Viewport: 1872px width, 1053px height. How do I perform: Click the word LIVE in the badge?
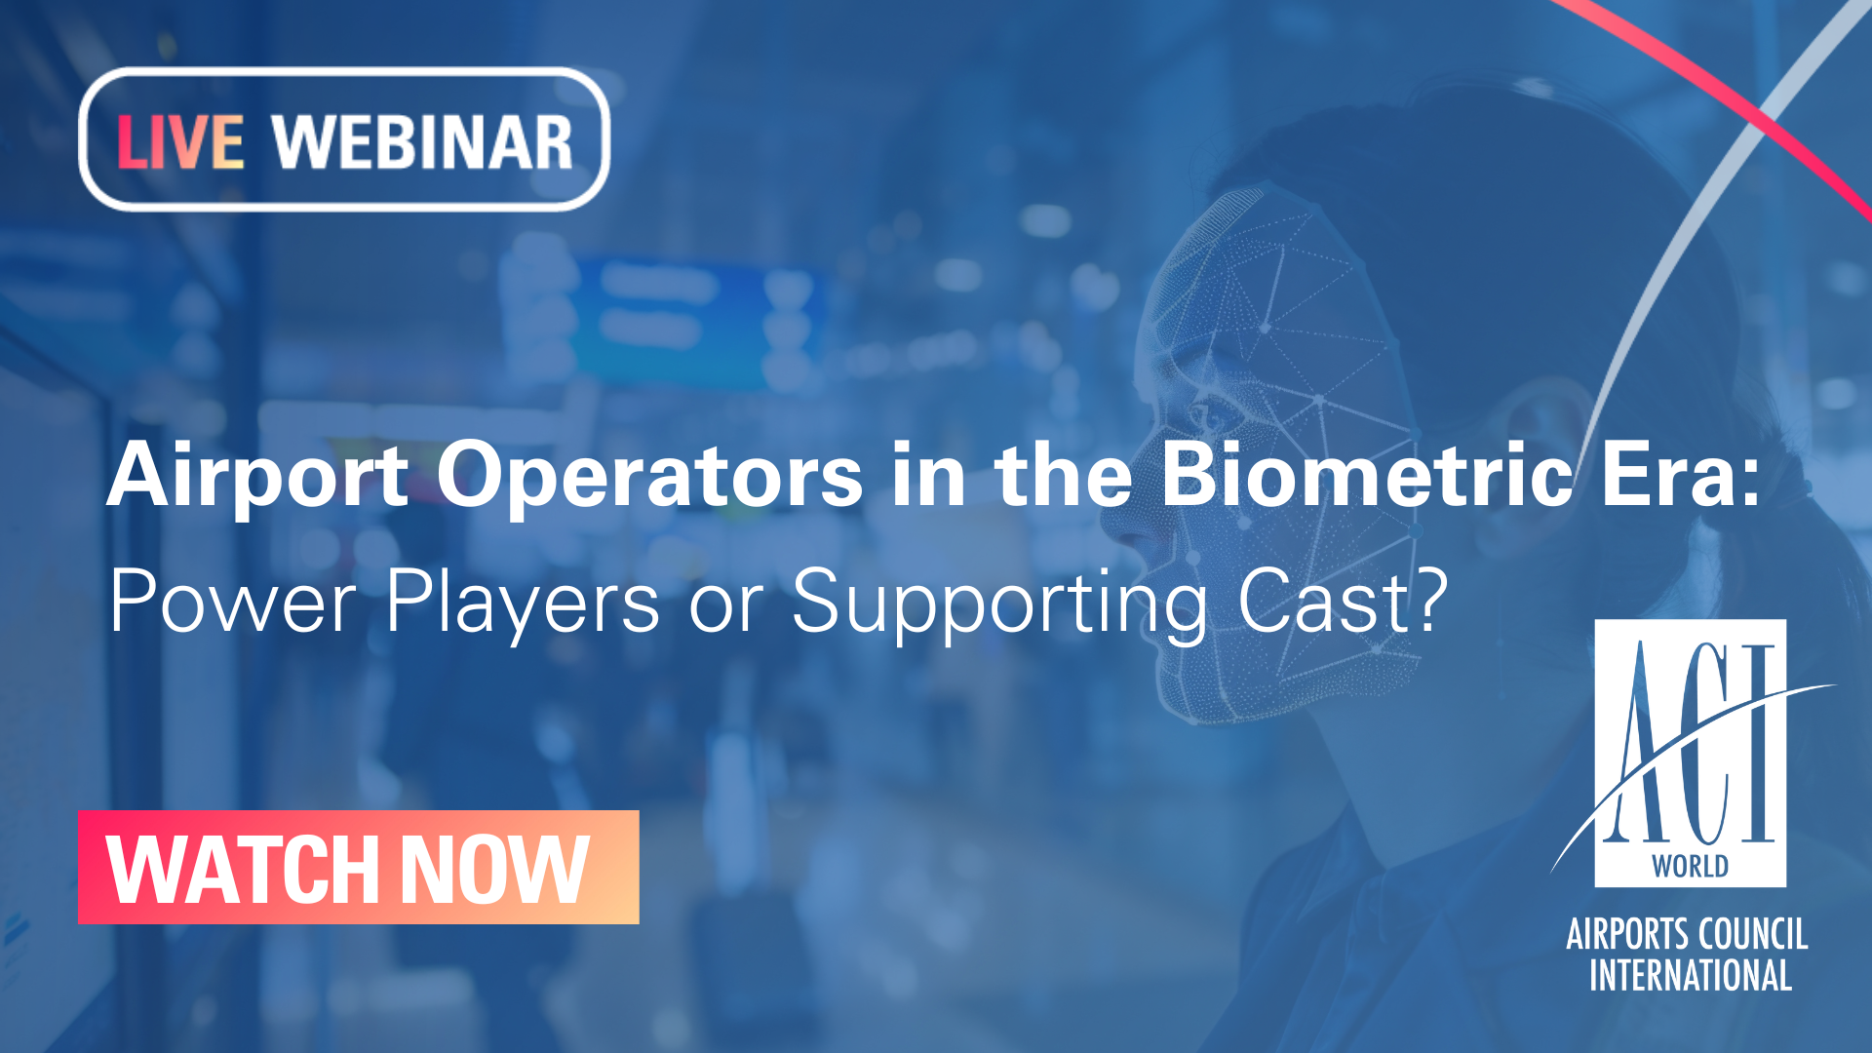[x=180, y=142]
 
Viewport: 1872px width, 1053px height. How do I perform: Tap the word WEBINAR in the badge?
[x=422, y=142]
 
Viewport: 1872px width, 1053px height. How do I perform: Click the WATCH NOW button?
[x=359, y=867]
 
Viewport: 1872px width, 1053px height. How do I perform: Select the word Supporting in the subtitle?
[x=999, y=604]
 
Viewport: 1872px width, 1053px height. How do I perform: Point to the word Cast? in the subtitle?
[x=1343, y=601]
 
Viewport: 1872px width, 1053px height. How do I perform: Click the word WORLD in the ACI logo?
[x=1690, y=866]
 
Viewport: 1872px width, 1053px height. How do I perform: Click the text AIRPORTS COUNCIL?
[x=1687, y=934]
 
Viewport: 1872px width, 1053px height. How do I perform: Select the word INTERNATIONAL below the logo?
[x=1691, y=976]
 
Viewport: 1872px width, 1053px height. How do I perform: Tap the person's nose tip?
[x=1111, y=526]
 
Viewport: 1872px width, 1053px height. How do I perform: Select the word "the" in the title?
[x=1064, y=474]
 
